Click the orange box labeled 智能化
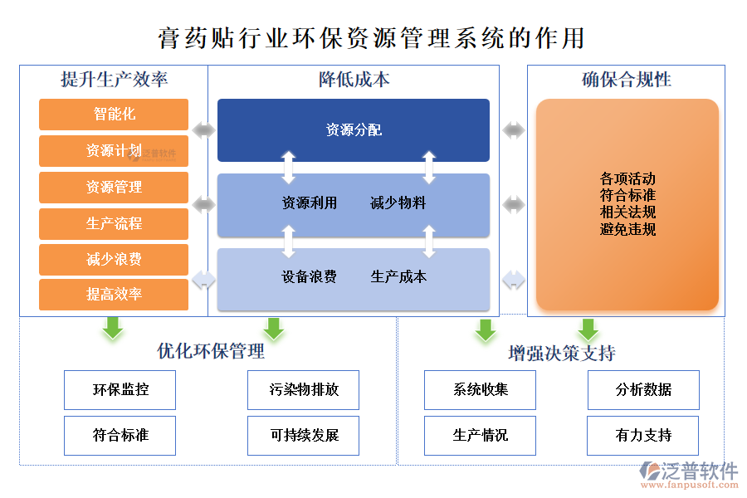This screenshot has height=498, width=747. point(114,115)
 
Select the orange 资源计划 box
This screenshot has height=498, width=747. point(114,151)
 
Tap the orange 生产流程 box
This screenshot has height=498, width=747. point(114,223)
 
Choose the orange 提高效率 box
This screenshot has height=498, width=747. point(114,295)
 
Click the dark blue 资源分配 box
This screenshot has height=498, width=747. point(354,130)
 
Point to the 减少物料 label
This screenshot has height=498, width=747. point(398,203)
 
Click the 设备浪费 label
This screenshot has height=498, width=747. point(310,277)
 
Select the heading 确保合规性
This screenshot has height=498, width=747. point(627,80)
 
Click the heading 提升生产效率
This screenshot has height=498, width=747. point(115,80)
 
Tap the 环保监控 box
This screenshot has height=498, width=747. point(120,390)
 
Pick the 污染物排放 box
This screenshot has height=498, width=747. point(304,390)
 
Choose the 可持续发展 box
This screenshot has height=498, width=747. point(304,436)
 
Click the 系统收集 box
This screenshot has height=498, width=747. point(481,390)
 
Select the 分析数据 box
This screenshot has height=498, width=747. point(643,390)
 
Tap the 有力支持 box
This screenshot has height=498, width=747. point(643,436)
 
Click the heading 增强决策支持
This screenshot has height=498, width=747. point(562,354)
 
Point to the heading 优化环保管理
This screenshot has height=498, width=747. point(211,351)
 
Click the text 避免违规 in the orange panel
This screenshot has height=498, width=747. point(627,229)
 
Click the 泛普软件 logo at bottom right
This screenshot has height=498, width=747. point(689,474)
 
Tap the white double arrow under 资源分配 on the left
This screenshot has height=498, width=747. point(288,167)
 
